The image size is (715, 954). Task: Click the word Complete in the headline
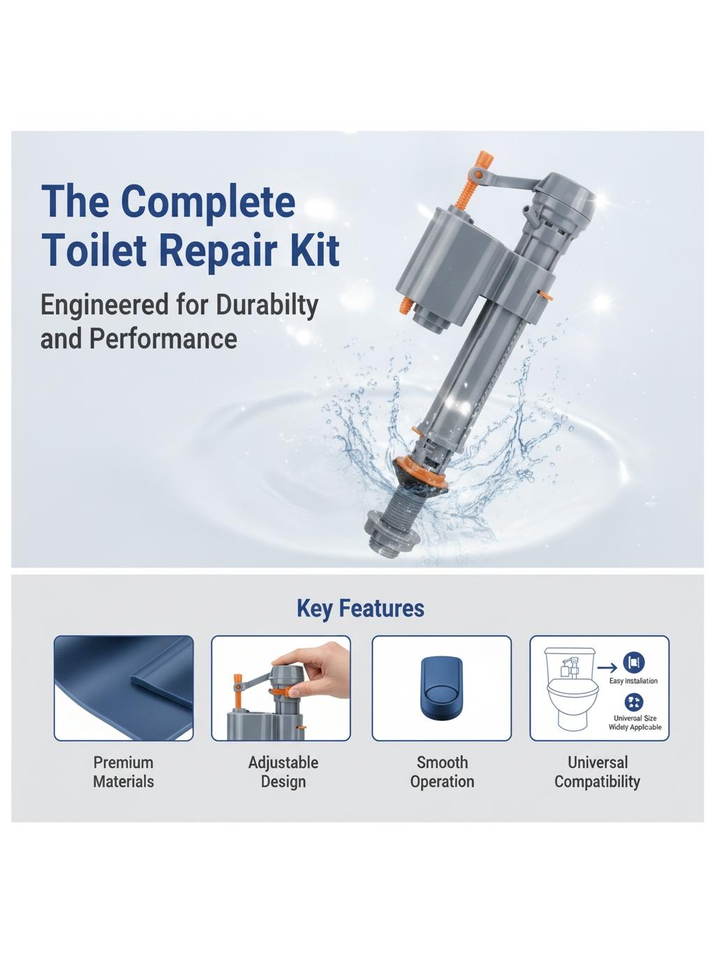(x=208, y=203)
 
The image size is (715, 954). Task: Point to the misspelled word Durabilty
(x=267, y=306)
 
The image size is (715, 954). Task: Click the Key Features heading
(x=360, y=608)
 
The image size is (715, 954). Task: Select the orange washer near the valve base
(x=419, y=474)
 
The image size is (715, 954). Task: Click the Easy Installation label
(x=633, y=681)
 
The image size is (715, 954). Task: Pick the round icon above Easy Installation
(x=634, y=663)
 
